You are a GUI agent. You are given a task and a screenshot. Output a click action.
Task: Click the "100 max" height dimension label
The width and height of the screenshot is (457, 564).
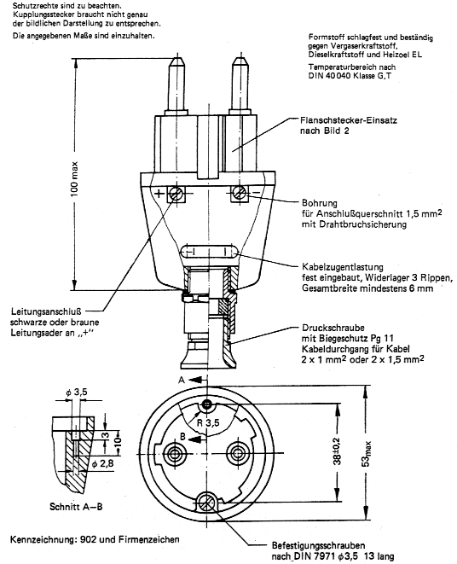click(74, 179)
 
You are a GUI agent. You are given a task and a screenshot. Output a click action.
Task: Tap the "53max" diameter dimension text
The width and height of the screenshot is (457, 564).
click(366, 454)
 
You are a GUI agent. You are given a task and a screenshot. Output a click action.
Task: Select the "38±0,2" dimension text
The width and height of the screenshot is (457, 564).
click(338, 451)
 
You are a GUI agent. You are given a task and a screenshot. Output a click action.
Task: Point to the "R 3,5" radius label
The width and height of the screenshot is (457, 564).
click(208, 422)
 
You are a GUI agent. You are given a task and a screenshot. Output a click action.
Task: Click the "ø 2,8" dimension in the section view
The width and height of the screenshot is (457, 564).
click(102, 463)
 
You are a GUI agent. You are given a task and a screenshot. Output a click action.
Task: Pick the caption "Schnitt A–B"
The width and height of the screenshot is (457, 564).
click(76, 507)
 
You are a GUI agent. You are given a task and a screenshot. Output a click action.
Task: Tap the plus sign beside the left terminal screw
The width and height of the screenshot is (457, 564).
click(159, 194)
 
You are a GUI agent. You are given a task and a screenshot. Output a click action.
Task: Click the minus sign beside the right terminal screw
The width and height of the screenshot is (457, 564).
click(257, 193)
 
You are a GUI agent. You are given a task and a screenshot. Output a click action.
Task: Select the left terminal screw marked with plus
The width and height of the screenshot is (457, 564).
click(176, 195)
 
